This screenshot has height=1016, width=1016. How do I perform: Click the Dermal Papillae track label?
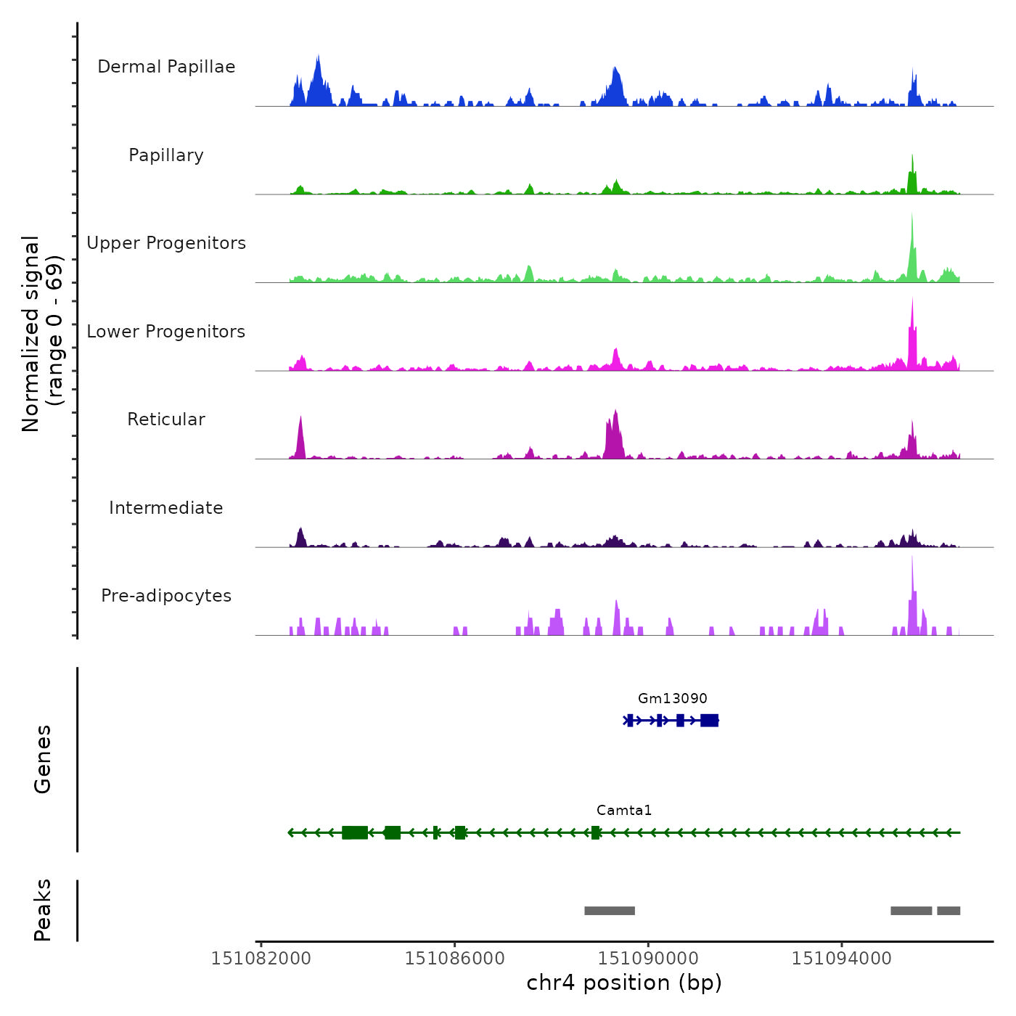click(166, 67)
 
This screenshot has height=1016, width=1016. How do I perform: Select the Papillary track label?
click(166, 155)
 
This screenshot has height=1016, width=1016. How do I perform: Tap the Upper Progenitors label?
click(166, 243)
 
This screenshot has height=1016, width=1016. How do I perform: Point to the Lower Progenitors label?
click(166, 332)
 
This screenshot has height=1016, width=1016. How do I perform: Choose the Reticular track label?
click(166, 419)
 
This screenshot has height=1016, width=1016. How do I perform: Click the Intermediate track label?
click(166, 508)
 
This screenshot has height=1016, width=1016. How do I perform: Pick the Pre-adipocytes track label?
click(166, 596)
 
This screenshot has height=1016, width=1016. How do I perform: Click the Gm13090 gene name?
click(672, 698)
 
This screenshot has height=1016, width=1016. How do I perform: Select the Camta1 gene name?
click(624, 810)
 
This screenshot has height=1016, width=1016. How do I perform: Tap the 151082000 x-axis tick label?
click(261, 958)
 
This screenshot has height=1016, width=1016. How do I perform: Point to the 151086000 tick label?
click(454, 958)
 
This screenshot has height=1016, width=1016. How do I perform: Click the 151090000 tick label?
click(648, 958)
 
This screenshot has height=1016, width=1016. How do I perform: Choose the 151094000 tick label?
click(841, 958)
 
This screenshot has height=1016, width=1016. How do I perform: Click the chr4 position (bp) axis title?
click(624, 983)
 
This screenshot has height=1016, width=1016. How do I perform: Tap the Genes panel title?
click(42, 759)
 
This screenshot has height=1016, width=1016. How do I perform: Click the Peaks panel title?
click(42, 910)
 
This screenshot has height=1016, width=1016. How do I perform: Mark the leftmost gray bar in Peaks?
click(610, 911)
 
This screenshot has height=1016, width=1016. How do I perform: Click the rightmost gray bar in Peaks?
click(949, 911)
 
